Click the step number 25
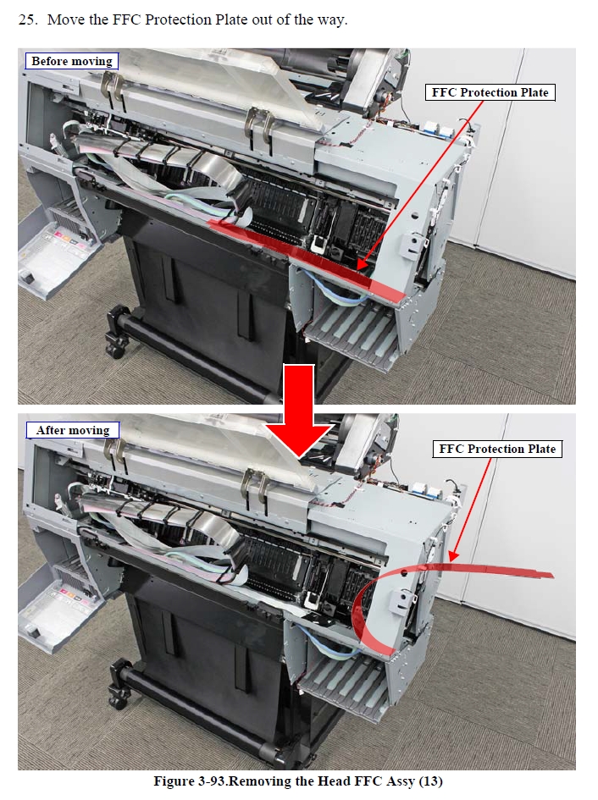pos(28,20)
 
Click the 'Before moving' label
pos(72,61)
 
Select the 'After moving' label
pos(73,430)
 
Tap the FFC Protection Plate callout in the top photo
pos(490,92)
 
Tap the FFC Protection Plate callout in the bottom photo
pos(497,449)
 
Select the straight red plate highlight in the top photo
pos(306,260)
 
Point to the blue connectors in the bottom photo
pos(429,491)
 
